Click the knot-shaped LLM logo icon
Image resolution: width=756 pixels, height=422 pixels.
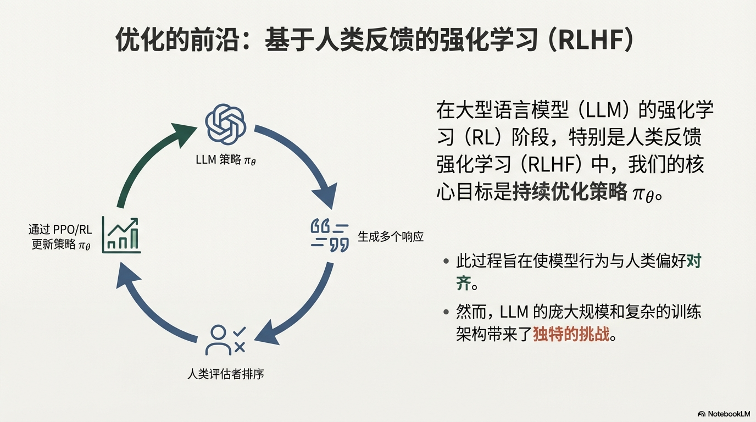(225, 125)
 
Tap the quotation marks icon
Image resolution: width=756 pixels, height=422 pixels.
(329, 235)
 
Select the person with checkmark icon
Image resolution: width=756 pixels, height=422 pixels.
(225, 340)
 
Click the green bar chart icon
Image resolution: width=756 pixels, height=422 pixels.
(121, 236)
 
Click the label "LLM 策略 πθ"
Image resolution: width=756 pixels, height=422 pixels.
(225, 160)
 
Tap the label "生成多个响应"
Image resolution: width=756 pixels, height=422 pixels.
(391, 237)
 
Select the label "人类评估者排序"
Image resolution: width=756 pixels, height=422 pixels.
(226, 375)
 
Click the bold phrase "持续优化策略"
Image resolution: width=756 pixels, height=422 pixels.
(570, 192)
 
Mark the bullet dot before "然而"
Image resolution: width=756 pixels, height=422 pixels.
(446, 313)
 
